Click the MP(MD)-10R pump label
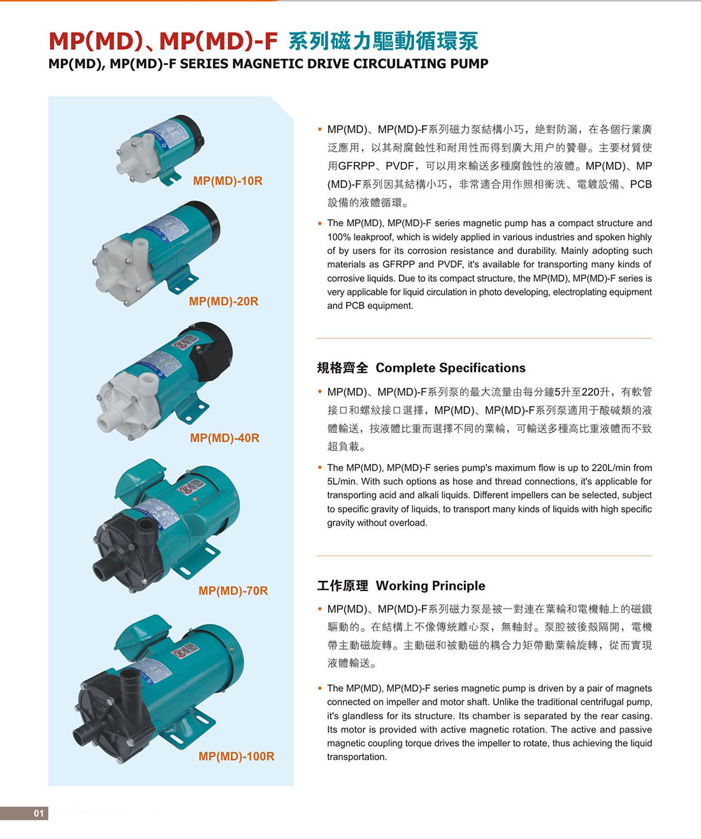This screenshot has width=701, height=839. [228, 181]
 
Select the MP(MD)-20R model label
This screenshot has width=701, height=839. [224, 301]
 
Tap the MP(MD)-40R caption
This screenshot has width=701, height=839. [225, 438]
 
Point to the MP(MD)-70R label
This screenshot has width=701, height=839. [233, 591]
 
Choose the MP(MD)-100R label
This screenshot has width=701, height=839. [236, 756]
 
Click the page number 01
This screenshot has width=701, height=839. [39, 814]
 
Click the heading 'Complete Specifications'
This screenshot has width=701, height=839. [451, 368]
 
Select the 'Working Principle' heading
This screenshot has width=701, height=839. [431, 585]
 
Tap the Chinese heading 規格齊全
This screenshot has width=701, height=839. [342, 368]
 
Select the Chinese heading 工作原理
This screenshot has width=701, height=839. [342, 585]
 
